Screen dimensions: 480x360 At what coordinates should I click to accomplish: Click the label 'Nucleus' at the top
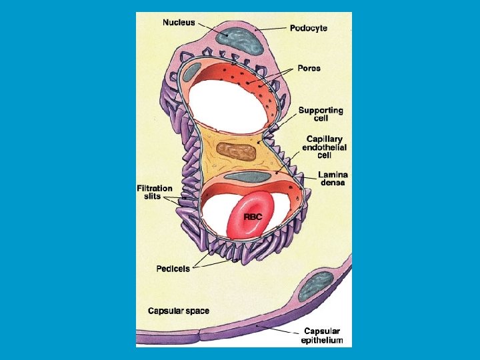179,22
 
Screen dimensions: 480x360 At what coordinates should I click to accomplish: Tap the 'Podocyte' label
309,29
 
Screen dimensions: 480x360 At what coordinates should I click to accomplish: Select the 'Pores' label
308,68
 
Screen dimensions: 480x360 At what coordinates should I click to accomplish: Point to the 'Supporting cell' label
321,114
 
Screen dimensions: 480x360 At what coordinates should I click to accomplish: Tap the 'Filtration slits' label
155,192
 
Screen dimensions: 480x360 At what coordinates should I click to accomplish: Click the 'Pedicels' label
173,269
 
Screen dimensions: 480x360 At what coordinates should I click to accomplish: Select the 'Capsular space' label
179,311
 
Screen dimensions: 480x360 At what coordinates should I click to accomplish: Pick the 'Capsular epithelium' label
323,335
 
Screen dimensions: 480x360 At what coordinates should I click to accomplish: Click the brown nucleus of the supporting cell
237,152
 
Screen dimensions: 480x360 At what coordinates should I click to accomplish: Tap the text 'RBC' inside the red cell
253,217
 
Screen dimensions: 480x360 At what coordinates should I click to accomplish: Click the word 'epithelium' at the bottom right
323,340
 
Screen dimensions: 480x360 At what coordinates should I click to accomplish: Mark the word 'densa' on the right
331,183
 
